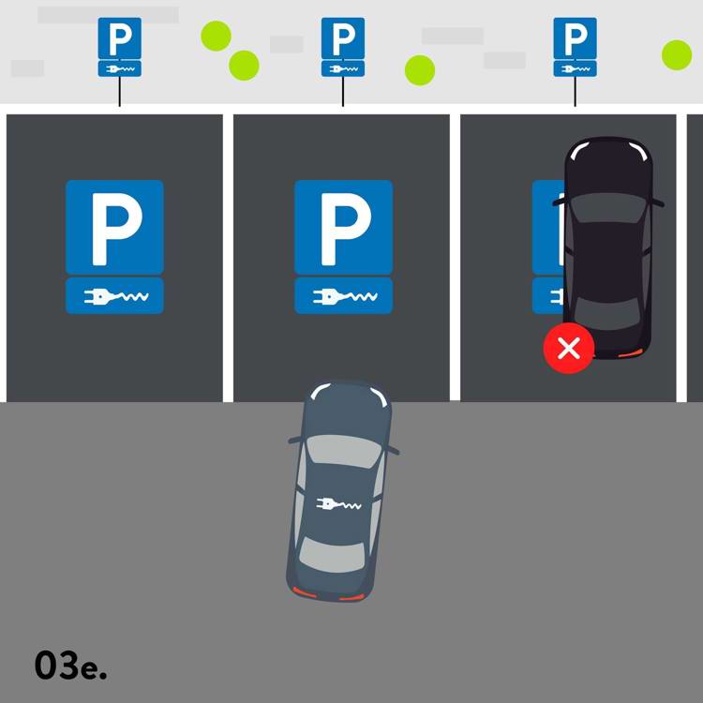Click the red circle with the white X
(x=569, y=348)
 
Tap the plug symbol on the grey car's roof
(x=338, y=504)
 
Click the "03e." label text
(x=70, y=666)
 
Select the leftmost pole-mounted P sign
(x=120, y=47)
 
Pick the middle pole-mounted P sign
(x=343, y=47)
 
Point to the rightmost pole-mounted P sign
(x=575, y=47)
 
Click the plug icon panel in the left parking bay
(x=114, y=296)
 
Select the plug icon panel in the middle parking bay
(x=343, y=296)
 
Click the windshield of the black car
(x=607, y=207)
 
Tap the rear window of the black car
(x=607, y=312)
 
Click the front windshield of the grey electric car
(x=342, y=451)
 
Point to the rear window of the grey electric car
(x=332, y=554)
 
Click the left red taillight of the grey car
(x=305, y=592)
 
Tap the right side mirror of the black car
(x=657, y=203)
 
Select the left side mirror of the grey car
(x=296, y=440)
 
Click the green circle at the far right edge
(x=677, y=55)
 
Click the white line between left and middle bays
(x=228, y=258)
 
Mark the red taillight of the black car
(x=629, y=353)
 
